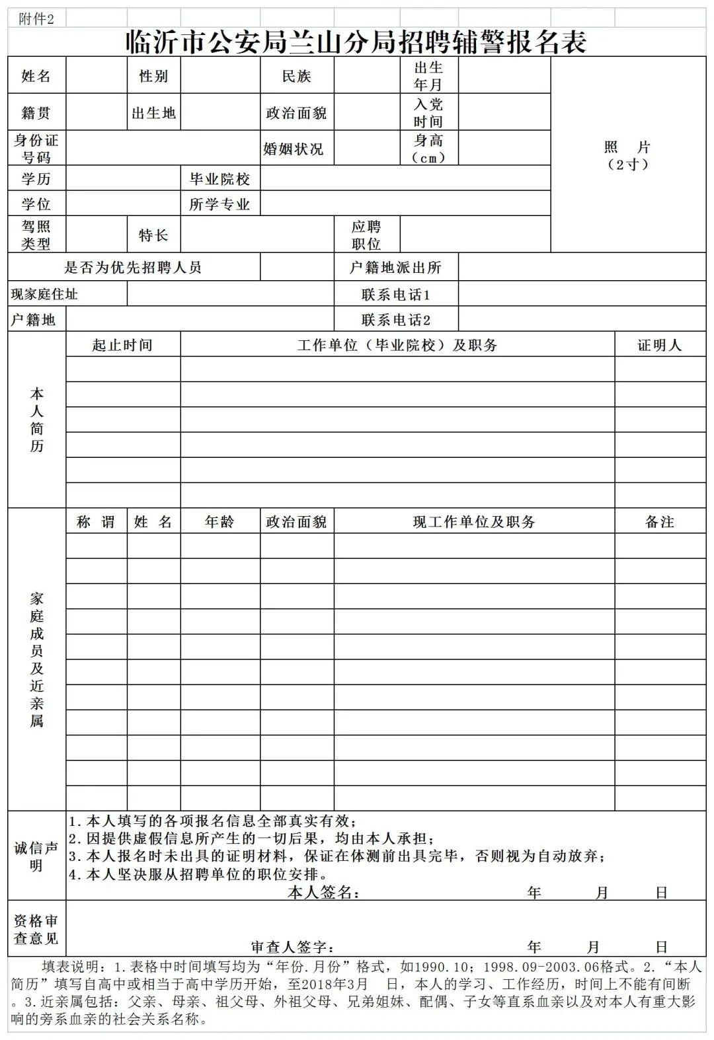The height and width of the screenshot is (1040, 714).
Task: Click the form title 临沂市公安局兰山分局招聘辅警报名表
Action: pyautogui.click(x=356, y=42)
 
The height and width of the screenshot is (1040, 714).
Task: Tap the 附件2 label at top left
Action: pyautogui.click(x=36, y=19)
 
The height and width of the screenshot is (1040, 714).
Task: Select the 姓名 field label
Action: pyautogui.click(x=36, y=76)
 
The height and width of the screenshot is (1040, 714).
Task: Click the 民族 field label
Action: pyautogui.click(x=296, y=76)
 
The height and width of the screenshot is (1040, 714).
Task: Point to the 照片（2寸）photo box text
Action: pyautogui.click(x=627, y=156)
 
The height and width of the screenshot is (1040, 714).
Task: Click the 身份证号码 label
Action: pyautogui.click(x=36, y=149)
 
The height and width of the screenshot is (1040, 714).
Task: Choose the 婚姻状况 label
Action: pyautogui.click(x=294, y=149)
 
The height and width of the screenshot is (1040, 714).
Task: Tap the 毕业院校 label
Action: pyautogui.click(x=219, y=179)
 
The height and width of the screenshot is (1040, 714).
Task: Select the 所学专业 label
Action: pyautogui.click(x=219, y=204)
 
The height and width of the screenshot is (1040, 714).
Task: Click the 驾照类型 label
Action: pyautogui.click(x=36, y=235)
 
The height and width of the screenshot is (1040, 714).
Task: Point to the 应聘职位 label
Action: pyautogui.click(x=366, y=235)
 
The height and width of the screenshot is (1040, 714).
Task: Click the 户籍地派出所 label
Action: pyautogui.click(x=395, y=268)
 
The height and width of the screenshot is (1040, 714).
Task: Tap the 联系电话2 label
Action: pyautogui.click(x=395, y=320)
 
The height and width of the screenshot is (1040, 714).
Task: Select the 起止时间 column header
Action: pyautogui.click(x=122, y=345)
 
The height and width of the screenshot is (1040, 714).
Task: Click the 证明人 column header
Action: pyautogui.click(x=659, y=345)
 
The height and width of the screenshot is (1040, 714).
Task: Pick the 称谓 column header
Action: pyautogui.click(x=96, y=522)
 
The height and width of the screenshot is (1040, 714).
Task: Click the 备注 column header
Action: pyautogui.click(x=659, y=522)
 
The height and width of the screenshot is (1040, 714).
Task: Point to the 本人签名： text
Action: pyautogui.click(x=323, y=893)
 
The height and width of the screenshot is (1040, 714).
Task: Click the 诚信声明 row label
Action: pyautogui.click(x=36, y=856)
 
